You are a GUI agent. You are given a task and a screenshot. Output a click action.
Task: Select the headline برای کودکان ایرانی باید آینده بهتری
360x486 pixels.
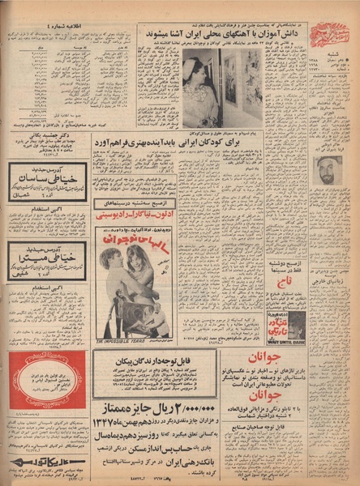pos(223,141)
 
